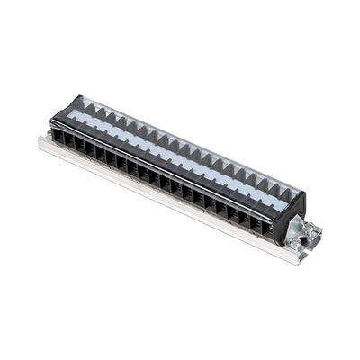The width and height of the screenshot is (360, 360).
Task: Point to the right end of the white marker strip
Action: tap(286, 205)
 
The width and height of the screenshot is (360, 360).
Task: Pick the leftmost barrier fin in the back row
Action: tap(88, 107)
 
